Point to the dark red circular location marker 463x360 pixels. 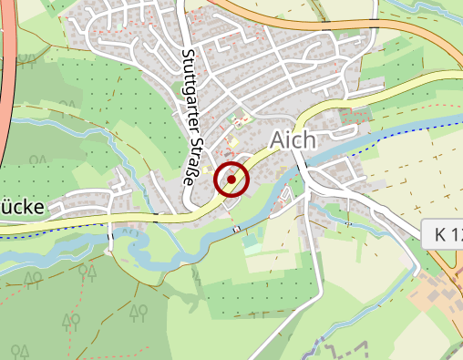click(x=231, y=180)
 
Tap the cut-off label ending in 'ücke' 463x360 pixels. click(x=22, y=207)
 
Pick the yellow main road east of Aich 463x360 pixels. click(x=383, y=88)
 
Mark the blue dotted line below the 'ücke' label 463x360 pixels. click(x=27, y=227)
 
